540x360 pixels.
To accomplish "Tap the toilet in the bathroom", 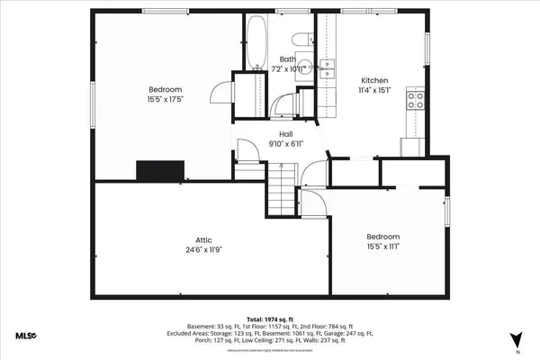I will [x=301, y=38].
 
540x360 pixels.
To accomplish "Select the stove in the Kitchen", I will [x=416, y=100].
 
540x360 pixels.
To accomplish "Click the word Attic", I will [x=204, y=239].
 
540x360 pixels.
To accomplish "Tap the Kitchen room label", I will [x=374, y=78].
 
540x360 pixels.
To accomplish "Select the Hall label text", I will [x=285, y=134].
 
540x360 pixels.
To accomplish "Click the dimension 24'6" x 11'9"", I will [x=204, y=250].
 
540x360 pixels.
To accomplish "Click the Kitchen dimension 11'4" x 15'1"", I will [x=374, y=89].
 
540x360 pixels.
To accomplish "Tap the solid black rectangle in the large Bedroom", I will [x=160, y=170].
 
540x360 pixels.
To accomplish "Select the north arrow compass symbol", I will [x=516, y=340].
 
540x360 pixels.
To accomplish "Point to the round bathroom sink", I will [x=306, y=67].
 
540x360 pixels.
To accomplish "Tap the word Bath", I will [x=287, y=59].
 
